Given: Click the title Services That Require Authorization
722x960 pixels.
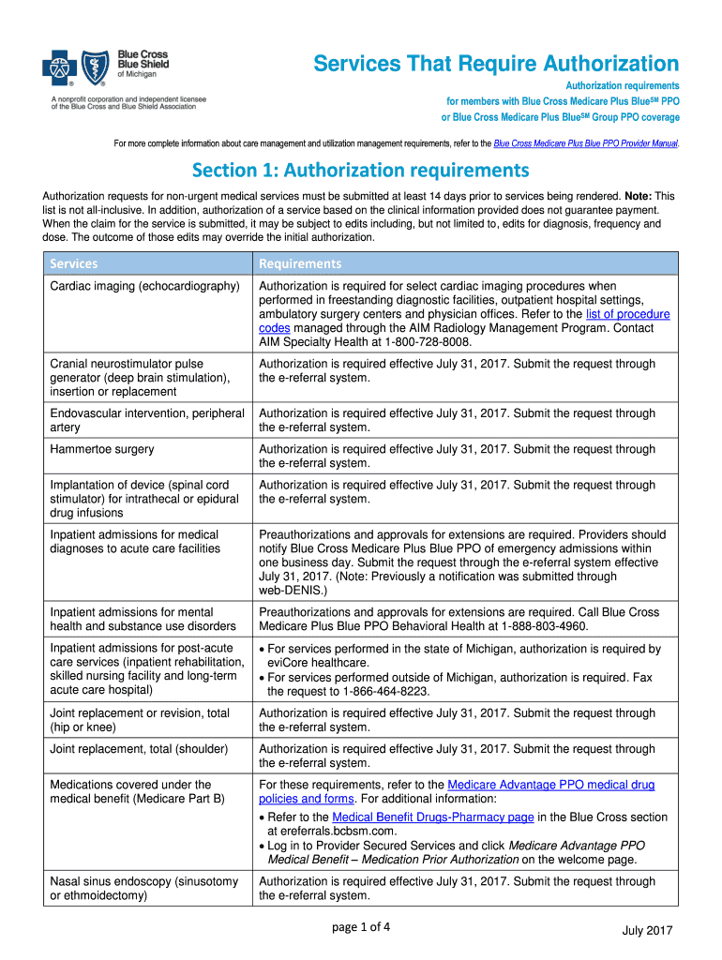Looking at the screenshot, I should tap(496, 64).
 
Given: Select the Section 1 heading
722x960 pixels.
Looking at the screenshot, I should tap(361, 172).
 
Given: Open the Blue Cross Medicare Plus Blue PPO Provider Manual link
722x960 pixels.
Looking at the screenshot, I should tap(585, 143).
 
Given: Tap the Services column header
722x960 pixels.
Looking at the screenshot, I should tap(74, 263).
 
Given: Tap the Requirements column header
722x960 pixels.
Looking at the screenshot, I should tap(300, 263).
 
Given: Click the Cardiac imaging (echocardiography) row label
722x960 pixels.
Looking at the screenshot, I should tap(145, 286).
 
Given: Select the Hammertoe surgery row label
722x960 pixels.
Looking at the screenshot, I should tap(102, 449).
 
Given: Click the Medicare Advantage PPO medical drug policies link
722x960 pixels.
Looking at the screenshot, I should tap(550, 785).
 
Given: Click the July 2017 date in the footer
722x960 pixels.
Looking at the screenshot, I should tap(648, 929).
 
